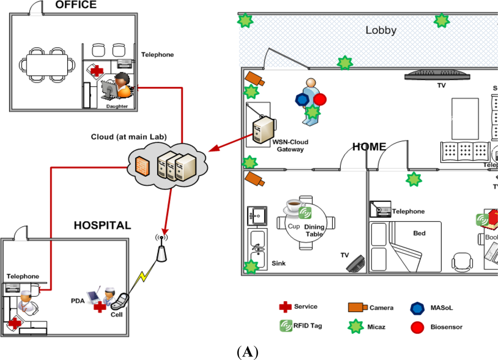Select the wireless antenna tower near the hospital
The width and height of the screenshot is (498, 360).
point(161,249)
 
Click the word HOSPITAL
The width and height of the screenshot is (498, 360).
point(102,225)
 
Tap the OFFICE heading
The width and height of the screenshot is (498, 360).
point(76,5)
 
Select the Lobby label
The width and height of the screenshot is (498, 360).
point(381,30)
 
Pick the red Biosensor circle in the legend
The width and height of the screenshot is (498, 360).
point(417,327)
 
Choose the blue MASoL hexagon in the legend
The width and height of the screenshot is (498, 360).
point(417,308)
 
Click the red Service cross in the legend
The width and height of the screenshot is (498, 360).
point(285,307)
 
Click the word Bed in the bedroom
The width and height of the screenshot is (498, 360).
point(419,233)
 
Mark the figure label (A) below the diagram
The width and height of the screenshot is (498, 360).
point(249,353)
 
